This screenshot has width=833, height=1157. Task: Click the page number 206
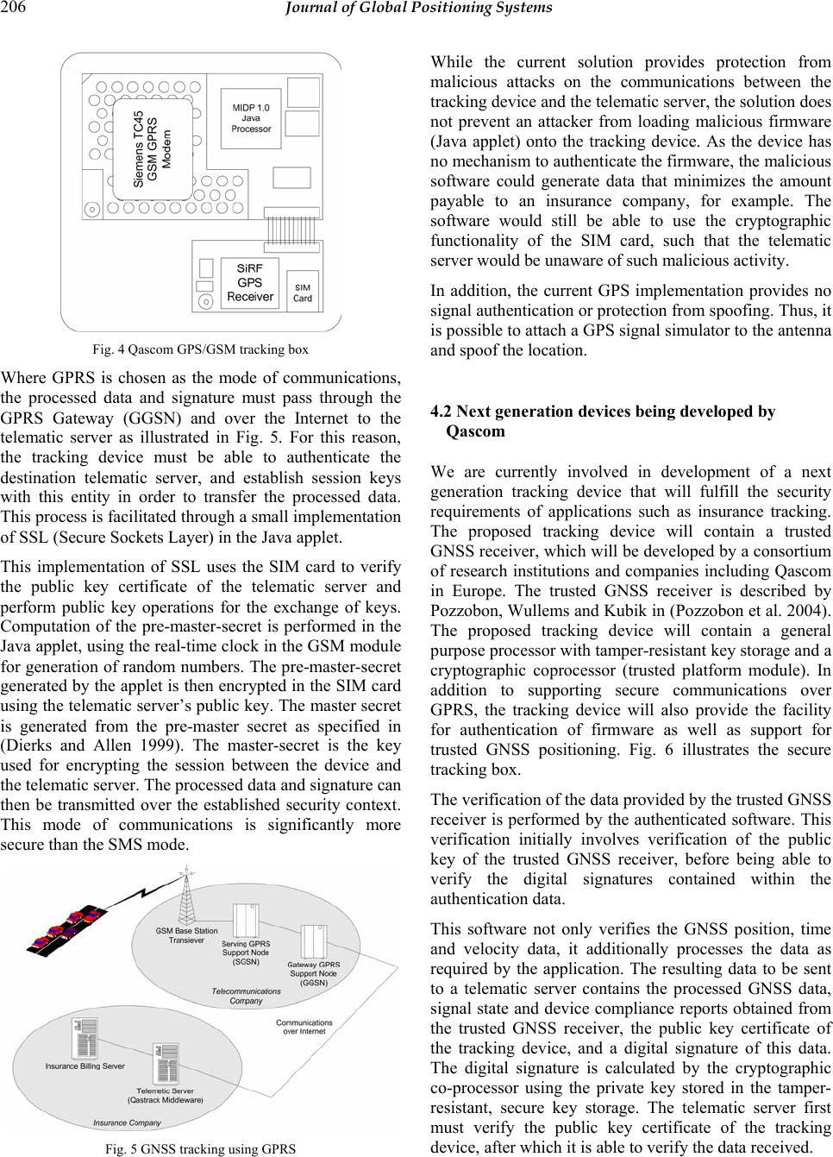pos(15,9)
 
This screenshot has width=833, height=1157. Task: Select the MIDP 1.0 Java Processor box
pos(251,117)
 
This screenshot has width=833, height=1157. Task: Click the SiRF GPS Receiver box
pos(250,282)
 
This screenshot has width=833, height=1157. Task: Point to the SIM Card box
pos(303,292)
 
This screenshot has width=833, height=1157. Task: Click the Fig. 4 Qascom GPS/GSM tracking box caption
pos(201,349)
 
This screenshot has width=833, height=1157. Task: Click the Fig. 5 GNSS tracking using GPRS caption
pos(199,1148)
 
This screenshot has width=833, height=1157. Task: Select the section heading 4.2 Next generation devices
pos(603,422)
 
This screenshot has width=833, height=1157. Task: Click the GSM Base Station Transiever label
pos(186,935)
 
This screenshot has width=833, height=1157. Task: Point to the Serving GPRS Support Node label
pos(247,953)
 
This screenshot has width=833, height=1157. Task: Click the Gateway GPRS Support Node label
pos(313,973)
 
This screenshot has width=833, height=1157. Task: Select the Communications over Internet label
pos(304,1027)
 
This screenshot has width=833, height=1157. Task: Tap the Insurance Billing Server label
pos(85,1066)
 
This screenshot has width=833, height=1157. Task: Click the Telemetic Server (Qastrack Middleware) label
pos(166,1096)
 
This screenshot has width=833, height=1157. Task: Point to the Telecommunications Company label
pos(246,996)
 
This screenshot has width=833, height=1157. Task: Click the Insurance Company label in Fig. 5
pos(127,1122)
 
